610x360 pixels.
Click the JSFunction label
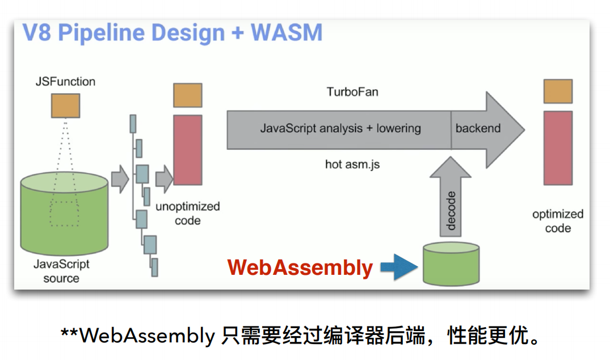pos(65,81)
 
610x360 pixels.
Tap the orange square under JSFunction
pos(65,106)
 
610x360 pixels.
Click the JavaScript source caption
pos(61,271)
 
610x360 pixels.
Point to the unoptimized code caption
pos(187,213)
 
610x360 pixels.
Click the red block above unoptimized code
pos(187,149)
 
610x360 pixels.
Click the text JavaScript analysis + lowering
pos(340,128)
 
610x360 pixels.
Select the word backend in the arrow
pos(478,128)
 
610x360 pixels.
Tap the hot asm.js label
pos(352,164)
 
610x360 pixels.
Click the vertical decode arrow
pos(451,204)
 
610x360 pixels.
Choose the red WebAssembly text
pos(300,267)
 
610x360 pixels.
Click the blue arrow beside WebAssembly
pos(399,267)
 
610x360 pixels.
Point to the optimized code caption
pos(558,221)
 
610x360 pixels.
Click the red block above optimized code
pos(558,148)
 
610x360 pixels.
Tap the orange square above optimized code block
pos(558,91)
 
